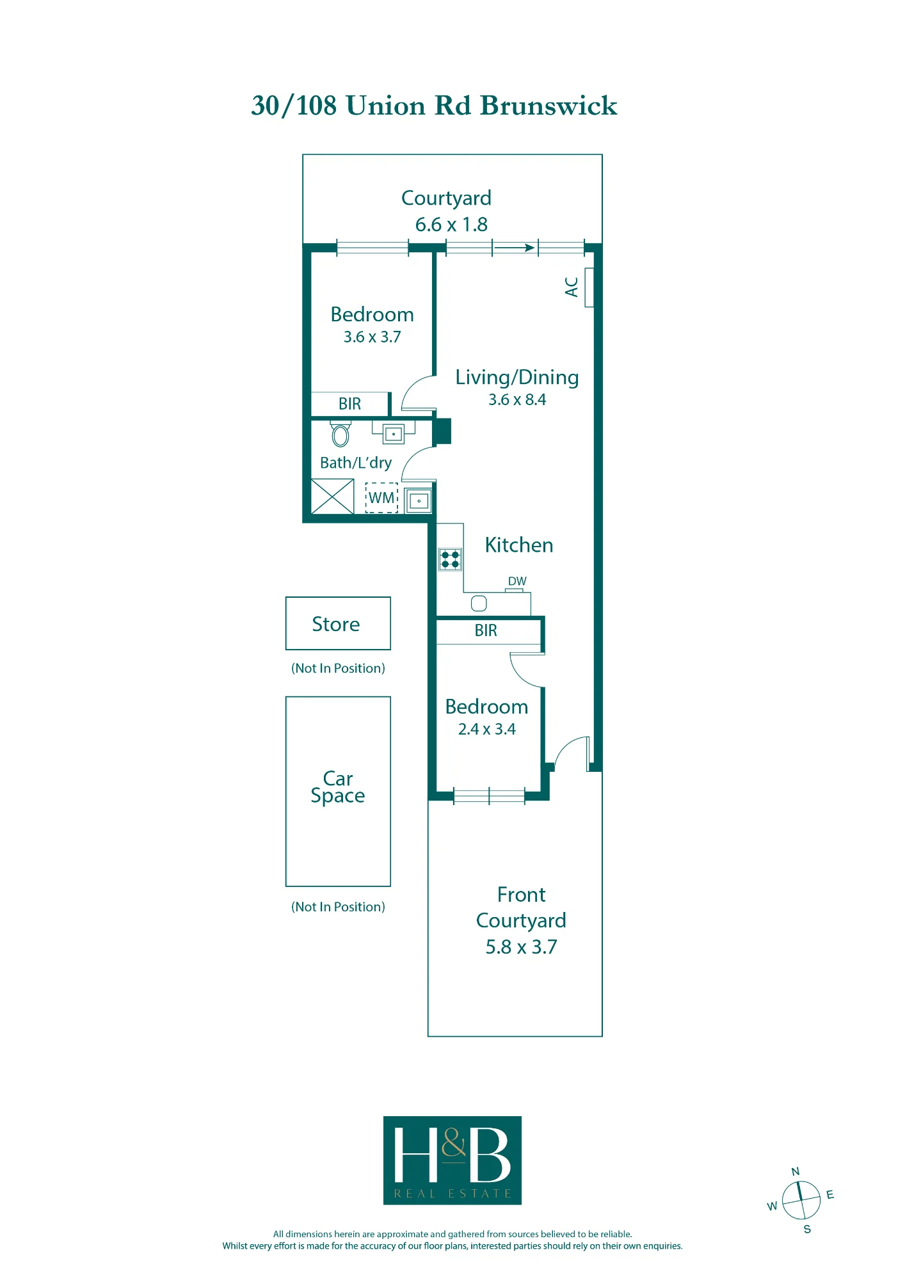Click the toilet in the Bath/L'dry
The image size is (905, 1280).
click(340, 433)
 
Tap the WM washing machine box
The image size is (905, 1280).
click(382, 498)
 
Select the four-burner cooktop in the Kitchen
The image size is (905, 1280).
click(451, 559)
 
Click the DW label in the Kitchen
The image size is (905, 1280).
click(517, 581)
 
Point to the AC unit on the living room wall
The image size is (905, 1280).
click(589, 287)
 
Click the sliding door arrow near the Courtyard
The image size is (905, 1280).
click(515, 248)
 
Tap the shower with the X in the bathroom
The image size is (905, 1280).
click(332, 497)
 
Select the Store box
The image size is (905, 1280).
click(338, 623)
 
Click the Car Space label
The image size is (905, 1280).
click(338, 787)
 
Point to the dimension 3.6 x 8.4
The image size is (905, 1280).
click(517, 400)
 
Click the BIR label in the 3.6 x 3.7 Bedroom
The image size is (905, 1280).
click(350, 404)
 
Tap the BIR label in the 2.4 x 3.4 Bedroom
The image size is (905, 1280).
click(486, 630)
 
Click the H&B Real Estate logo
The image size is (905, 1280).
click(452, 1160)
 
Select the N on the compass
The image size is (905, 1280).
click(796, 1172)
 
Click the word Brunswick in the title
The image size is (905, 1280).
click(549, 106)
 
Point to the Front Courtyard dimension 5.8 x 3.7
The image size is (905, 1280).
click(521, 947)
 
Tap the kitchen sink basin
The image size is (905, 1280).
click(479, 603)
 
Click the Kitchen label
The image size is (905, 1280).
click(519, 545)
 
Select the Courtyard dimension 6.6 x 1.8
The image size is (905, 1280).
click(451, 225)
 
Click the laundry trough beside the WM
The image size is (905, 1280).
click(419, 500)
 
